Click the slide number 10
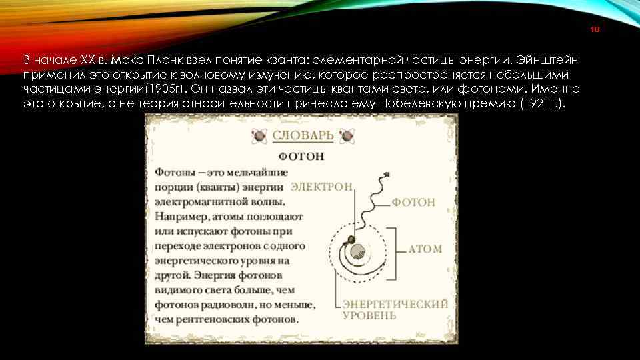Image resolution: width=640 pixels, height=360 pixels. pyautogui.click(x=597, y=30)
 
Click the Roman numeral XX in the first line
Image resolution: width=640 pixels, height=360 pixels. pyautogui.click(x=89, y=58)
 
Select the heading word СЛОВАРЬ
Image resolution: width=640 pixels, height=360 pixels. pyautogui.click(x=303, y=135)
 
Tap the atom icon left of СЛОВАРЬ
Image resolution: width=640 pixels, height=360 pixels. pyautogui.click(x=258, y=136)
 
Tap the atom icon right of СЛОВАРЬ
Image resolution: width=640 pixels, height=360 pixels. pyautogui.click(x=347, y=136)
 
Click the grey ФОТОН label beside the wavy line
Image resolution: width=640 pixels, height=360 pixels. pyautogui.click(x=413, y=201)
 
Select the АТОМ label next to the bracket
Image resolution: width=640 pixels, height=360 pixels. pyautogui.click(x=425, y=249)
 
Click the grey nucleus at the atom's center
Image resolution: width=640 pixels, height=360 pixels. pyautogui.click(x=358, y=251)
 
